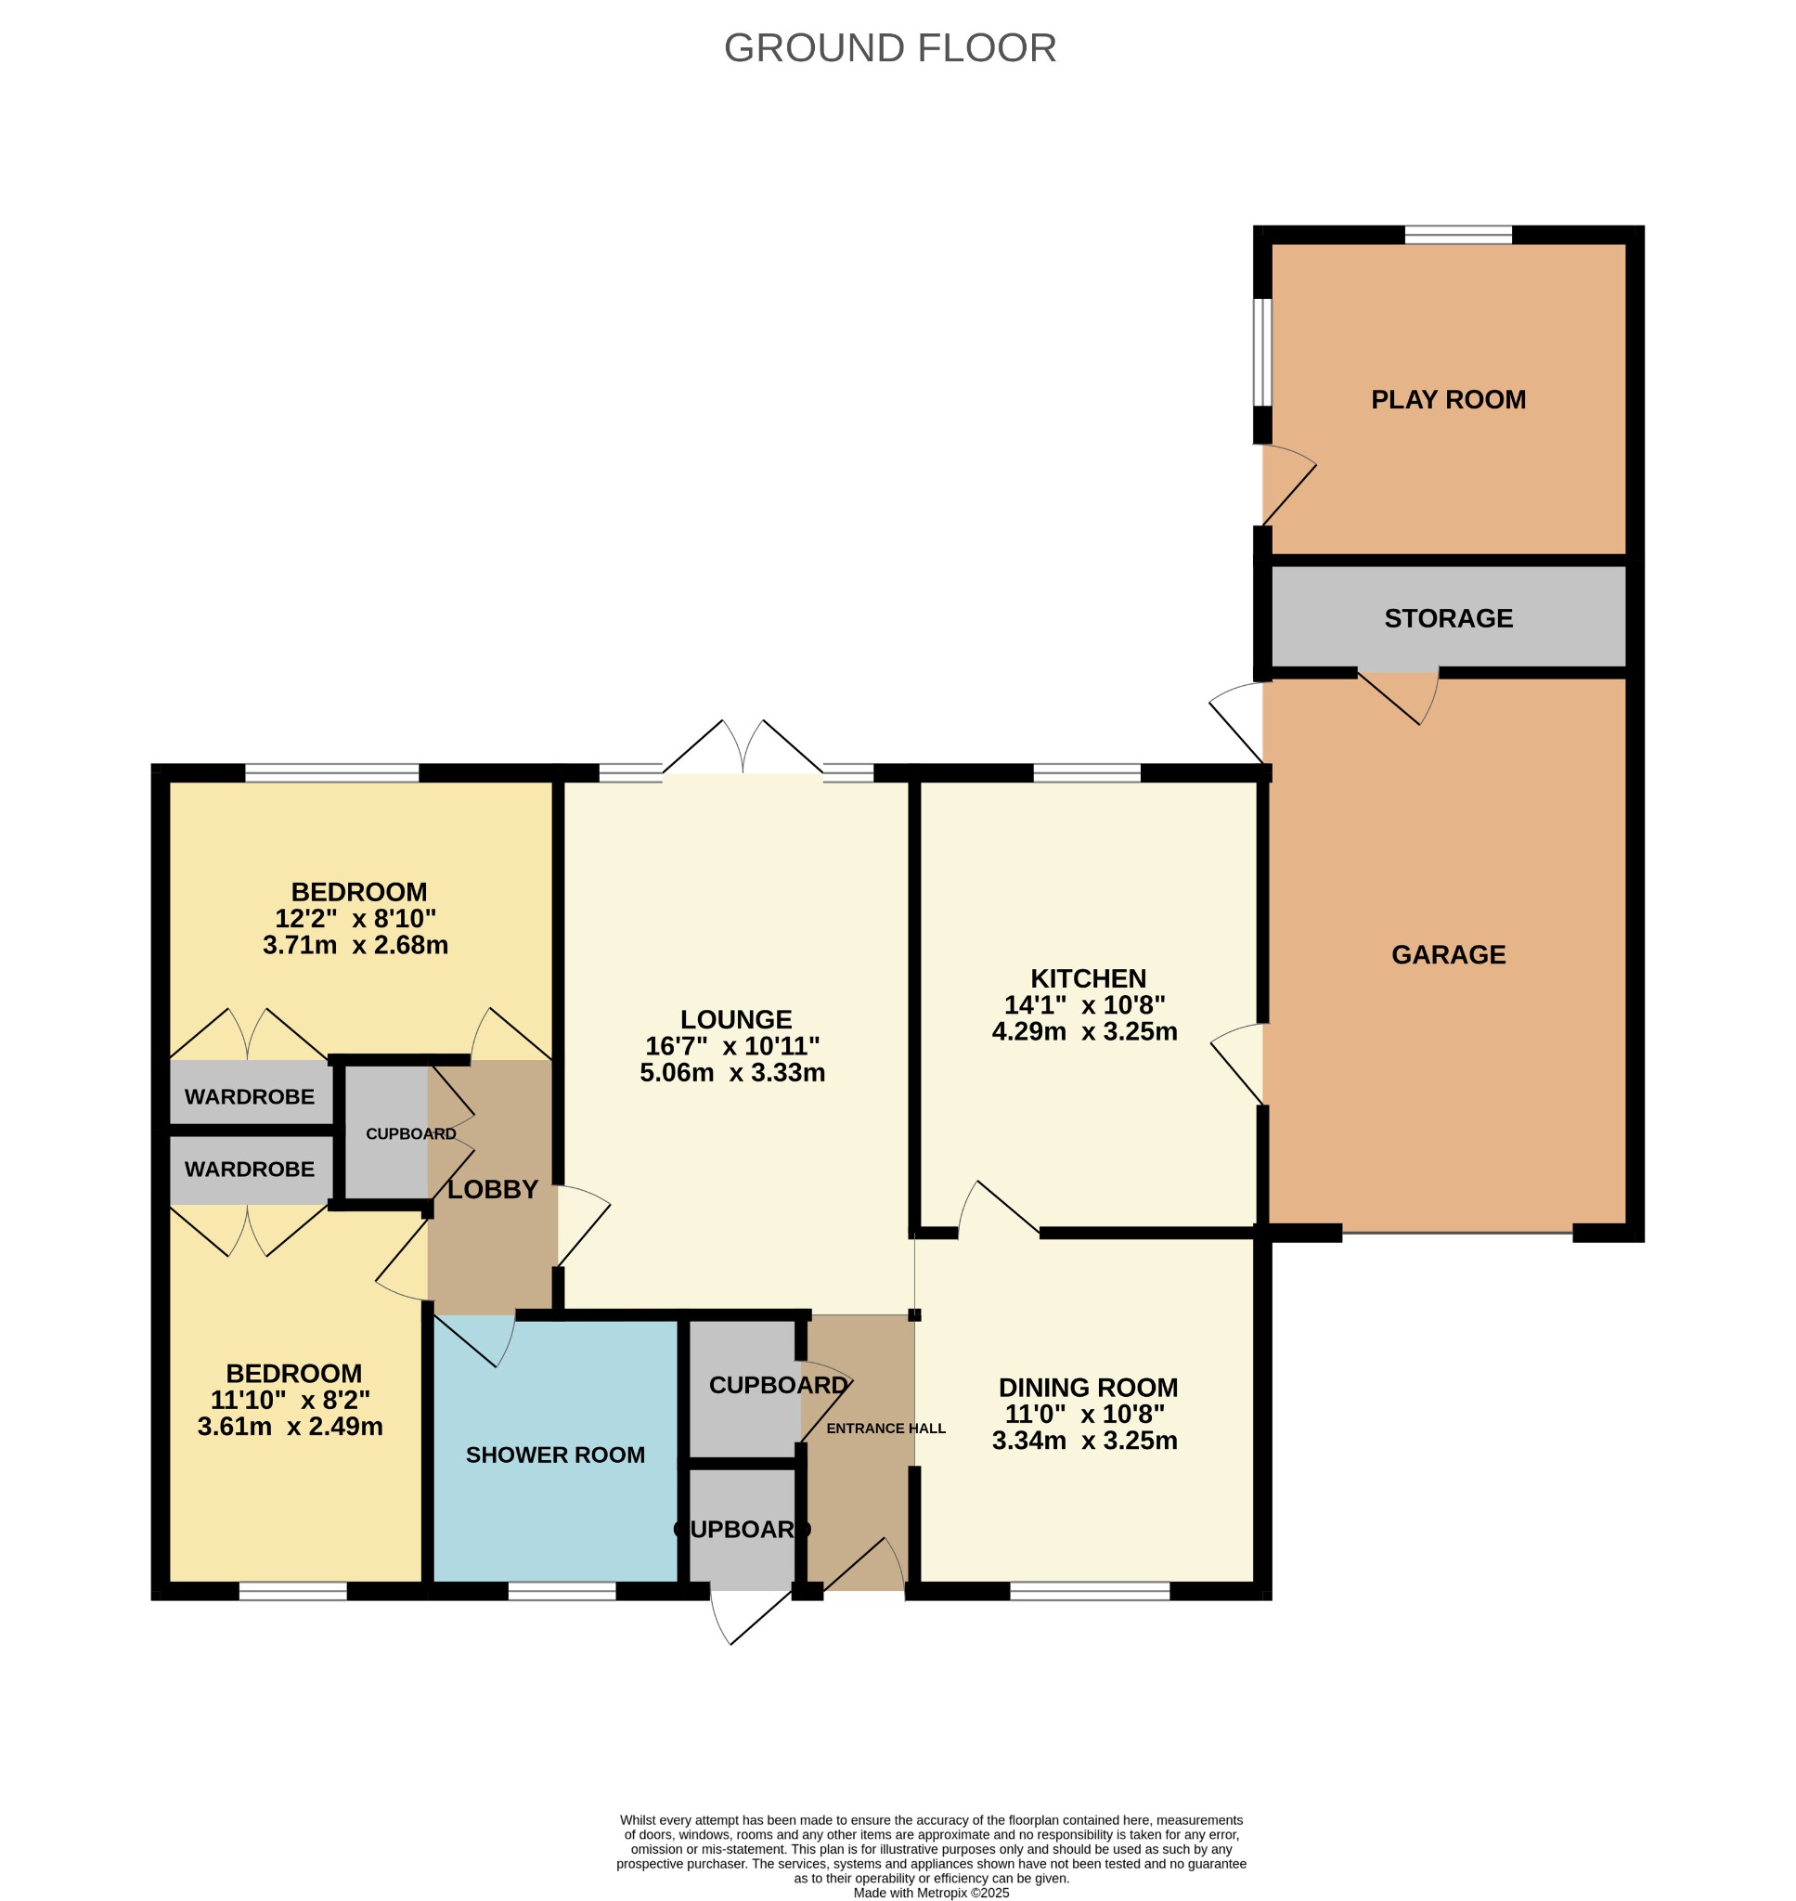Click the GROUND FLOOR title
889,48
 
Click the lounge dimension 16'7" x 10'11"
732,1046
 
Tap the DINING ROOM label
1088,1387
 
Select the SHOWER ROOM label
555,1455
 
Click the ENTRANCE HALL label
885,1429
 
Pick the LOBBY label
493,1190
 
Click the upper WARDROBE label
249,1097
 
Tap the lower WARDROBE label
249,1169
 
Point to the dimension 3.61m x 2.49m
291,1427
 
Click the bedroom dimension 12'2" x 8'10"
355,919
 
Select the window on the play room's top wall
1457,235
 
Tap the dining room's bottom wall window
1090,1590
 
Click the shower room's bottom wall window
561,1590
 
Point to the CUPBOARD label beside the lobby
410,1133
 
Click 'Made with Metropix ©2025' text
931,1893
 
